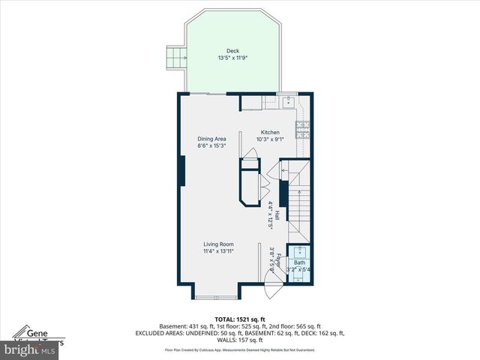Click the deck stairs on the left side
[x=175, y=57]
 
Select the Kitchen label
[x=270, y=132]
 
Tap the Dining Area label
[x=211, y=139]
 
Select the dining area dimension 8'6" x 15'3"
[x=211, y=146]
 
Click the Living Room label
[x=218, y=244]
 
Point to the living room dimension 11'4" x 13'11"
[x=218, y=251]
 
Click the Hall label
[x=277, y=214]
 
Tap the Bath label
[x=299, y=262]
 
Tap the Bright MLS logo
[x=30, y=349]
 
